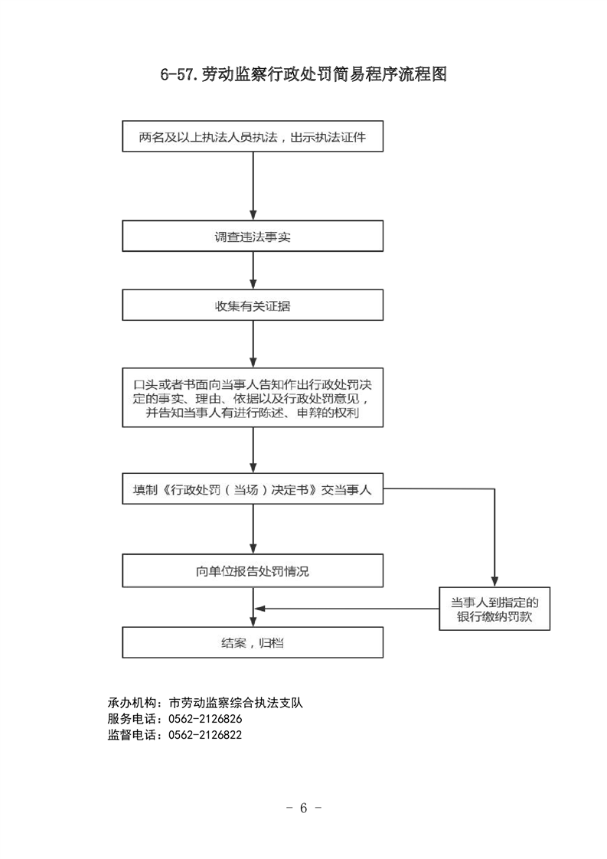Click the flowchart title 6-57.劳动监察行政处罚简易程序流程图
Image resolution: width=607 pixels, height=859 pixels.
pyautogui.click(x=303, y=74)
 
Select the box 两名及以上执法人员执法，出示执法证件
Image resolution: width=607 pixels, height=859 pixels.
pyautogui.click(x=253, y=136)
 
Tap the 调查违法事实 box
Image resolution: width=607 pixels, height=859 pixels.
pyautogui.click(x=253, y=236)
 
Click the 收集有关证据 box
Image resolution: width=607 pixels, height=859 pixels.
pyautogui.click(x=253, y=305)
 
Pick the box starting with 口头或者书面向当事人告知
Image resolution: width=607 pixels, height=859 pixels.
pyautogui.click(x=253, y=397)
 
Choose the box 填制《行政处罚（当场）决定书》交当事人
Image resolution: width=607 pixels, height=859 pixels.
pyautogui.click(x=253, y=488)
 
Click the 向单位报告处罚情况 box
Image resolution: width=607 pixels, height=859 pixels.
pyautogui.click(x=253, y=571)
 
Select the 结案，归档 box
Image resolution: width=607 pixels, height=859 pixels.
pyautogui.click(x=253, y=642)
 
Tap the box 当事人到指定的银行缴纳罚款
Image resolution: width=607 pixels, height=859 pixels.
pyautogui.click(x=494, y=609)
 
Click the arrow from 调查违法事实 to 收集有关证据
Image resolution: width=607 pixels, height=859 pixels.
pyautogui.click(x=253, y=270)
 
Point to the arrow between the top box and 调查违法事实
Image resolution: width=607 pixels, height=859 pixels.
pyautogui.click(x=253, y=186)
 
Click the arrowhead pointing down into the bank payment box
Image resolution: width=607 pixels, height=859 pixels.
pyautogui.click(x=494, y=582)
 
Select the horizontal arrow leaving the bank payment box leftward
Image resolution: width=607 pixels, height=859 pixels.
pyautogui.click(x=347, y=609)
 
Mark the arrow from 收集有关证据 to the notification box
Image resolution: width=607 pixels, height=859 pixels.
pyautogui.click(x=253, y=344)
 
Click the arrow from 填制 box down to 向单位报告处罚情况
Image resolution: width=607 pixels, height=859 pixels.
pyautogui.click(x=253, y=529)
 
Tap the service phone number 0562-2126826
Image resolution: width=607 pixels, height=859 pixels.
pyautogui.click(x=205, y=719)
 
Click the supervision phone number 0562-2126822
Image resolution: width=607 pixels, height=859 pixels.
pyautogui.click(x=205, y=735)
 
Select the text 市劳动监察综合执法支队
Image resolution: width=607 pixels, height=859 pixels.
pyautogui.click(x=236, y=703)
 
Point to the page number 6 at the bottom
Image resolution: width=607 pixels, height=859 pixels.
pyautogui.click(x=303, y=808)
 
